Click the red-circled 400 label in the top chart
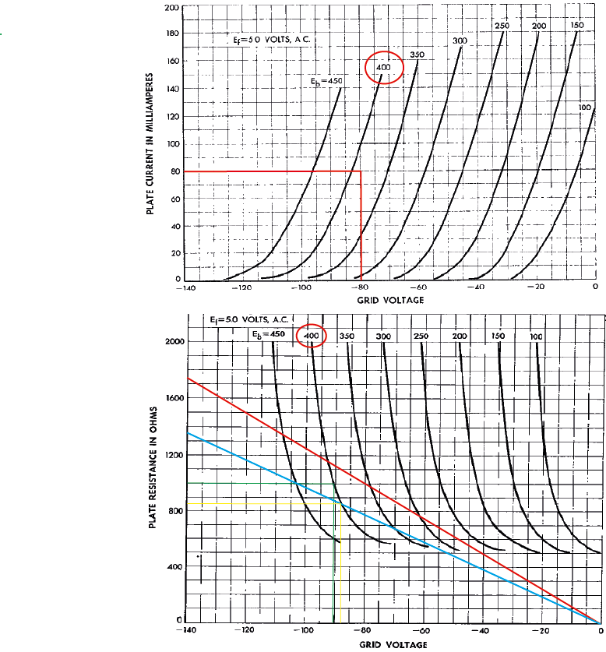pyautogui.click(x=383, y=68)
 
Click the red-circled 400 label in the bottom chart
pyautogui.click(x=312, y=335)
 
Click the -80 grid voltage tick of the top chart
pyautogui.click(x=360, y=287)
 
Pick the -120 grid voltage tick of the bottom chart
pyautogui.click(x=245, y=630)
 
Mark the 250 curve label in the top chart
pyautogui.click(x=502, y=26)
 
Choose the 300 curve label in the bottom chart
pyautogui.click(x=382, y=336)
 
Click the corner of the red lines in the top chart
pyautogui.click(x=361, y=171)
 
